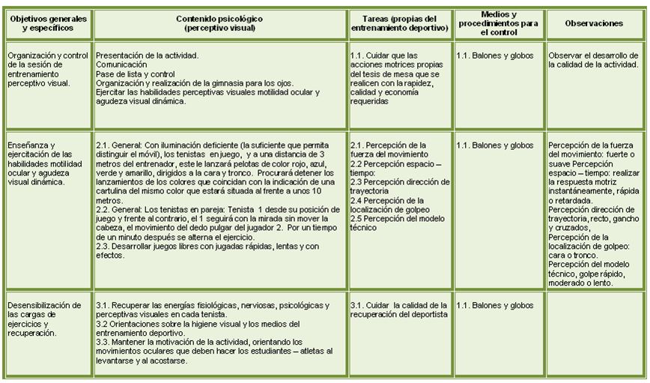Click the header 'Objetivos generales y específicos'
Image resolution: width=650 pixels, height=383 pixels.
[x=46, y=23]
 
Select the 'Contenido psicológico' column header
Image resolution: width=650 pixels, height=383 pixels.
[x=220, y=23]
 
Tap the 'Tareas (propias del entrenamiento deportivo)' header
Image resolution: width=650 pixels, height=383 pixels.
[x=399, y=23]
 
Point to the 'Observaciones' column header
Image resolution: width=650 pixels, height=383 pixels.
[x=594, y=23]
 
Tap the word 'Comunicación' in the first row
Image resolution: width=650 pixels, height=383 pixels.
[x=121, y=64]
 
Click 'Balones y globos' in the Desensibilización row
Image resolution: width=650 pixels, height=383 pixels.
[x=494, y=306]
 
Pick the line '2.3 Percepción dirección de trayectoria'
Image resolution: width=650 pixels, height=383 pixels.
[x=399, y=186]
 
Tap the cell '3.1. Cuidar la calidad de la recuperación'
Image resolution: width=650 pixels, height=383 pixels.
[x=399, y=310]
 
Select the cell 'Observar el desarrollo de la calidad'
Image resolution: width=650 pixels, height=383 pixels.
[x=594, y=60]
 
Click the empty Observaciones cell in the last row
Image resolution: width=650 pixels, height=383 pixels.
[x=594, y=334]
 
